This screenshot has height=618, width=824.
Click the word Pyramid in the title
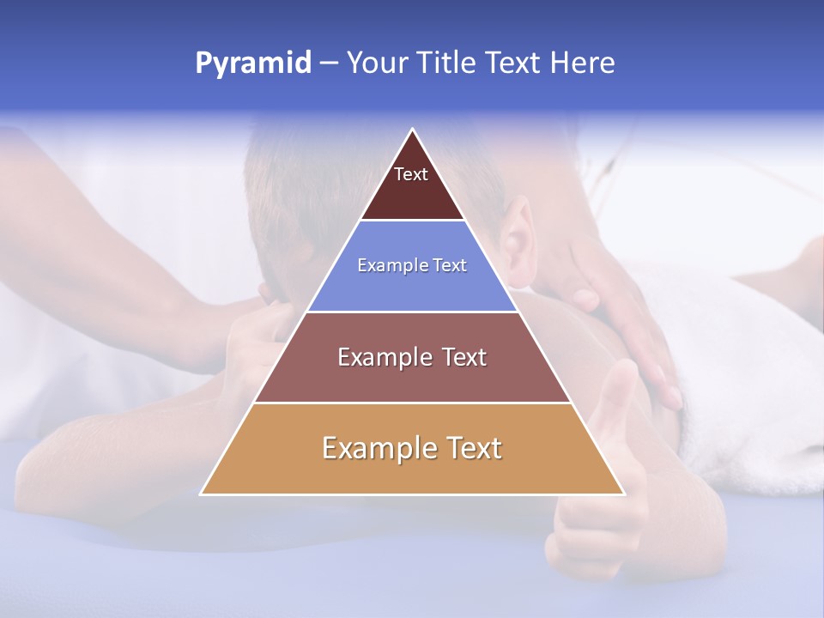point(253,64)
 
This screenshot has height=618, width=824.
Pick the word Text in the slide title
point(516,64)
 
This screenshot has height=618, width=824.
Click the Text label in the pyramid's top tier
point(411,174)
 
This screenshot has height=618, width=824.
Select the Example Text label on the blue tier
point(412,266)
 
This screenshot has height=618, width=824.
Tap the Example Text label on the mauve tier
point(412,357)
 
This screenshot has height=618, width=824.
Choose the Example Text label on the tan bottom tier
point(412,448)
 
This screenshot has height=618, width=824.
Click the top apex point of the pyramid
point(413,130)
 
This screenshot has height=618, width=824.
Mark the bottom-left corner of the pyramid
point(201,494)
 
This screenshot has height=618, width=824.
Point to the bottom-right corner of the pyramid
point(624,494)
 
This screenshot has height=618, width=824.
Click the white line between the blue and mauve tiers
point(412,312)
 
